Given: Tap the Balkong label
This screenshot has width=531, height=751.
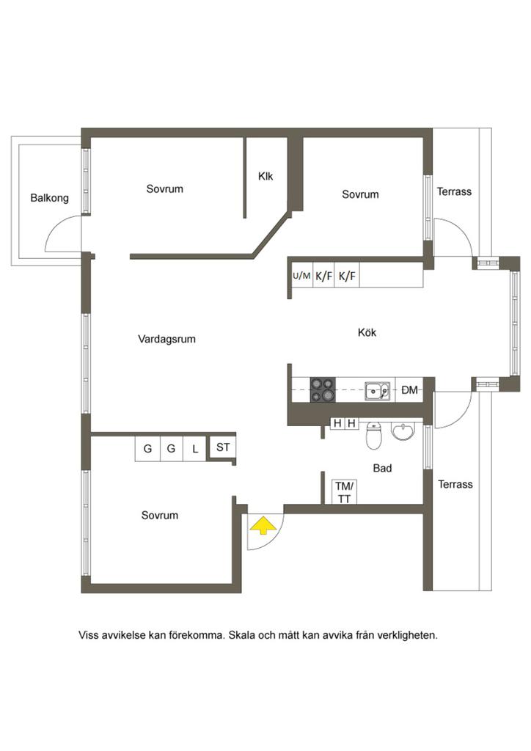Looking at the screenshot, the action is coord(49,198).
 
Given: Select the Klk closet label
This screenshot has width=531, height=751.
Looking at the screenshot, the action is coord(265,176).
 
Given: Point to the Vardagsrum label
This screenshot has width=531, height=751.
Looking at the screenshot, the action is coord(166,339).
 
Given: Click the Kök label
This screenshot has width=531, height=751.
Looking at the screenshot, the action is coord(367,332).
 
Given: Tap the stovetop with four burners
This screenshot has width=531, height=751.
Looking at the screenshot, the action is coord(322,390).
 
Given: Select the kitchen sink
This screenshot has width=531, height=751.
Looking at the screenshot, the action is coord(378,390).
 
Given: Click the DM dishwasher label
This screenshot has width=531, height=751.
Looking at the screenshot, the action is coord(409,390).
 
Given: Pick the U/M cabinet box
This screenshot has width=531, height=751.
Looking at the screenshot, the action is coord(301,276).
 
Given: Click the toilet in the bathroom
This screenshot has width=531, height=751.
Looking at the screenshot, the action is coord(374,436).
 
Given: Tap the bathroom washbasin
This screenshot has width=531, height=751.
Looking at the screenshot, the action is coord(403,431).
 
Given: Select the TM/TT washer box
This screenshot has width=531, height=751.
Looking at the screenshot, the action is coord(344,492).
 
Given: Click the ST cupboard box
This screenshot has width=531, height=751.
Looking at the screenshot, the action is coord(223,447).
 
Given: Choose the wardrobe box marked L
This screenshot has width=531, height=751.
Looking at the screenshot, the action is coord(195,449).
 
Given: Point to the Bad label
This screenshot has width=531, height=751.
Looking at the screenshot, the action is coord(382,468).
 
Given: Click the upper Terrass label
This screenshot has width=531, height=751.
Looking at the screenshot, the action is coord(454,191).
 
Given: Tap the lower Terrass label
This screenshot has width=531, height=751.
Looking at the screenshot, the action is coord(455,484).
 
